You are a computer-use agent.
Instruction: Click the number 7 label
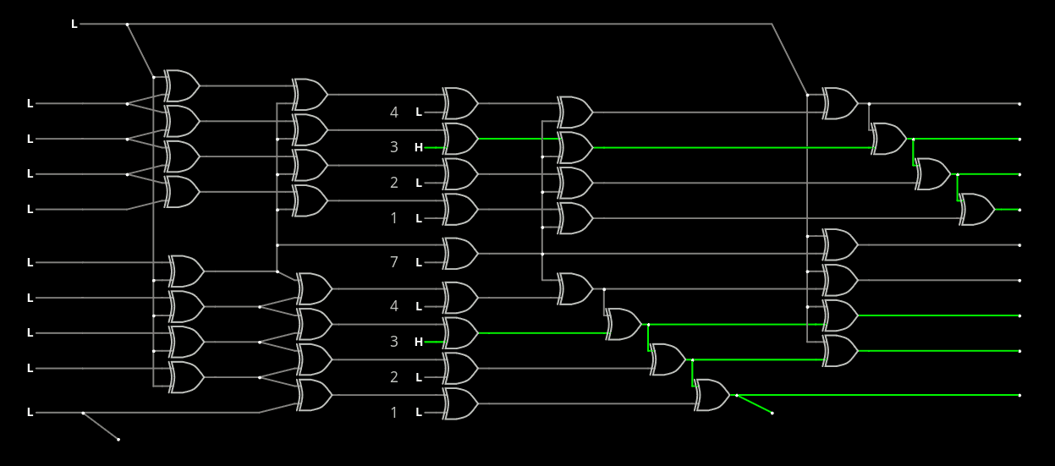coord(393,262)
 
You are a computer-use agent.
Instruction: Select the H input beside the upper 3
coord(418,147)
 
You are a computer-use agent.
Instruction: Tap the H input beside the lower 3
coord(418,342)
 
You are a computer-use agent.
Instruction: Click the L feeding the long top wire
coord(74,25)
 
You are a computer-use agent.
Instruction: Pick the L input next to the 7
coord(418,262)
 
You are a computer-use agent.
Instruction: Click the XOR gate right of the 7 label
coord(460,253)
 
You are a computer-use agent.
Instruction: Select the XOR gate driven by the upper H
coord(460,139)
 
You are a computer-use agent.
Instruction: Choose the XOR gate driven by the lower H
coord(460,333)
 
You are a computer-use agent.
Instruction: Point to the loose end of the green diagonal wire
coord(772,414)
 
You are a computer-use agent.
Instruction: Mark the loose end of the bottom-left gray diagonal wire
coord(118,440)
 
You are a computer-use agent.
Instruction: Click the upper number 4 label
coord(393,112)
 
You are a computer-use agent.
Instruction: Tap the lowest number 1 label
coord(393,413)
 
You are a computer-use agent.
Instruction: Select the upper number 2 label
coord(393,183)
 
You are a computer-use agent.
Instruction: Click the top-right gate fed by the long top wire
coord(840,103)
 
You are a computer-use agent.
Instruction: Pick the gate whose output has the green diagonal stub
coord(712,395)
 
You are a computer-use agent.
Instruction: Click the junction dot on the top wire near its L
coord(127,25)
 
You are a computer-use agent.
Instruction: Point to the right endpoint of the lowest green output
coord(1019,395)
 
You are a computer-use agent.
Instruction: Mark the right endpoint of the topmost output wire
coord(1019,104)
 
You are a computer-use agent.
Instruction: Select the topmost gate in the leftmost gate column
coord(181,85)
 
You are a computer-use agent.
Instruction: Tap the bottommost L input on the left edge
coord(30,413)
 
